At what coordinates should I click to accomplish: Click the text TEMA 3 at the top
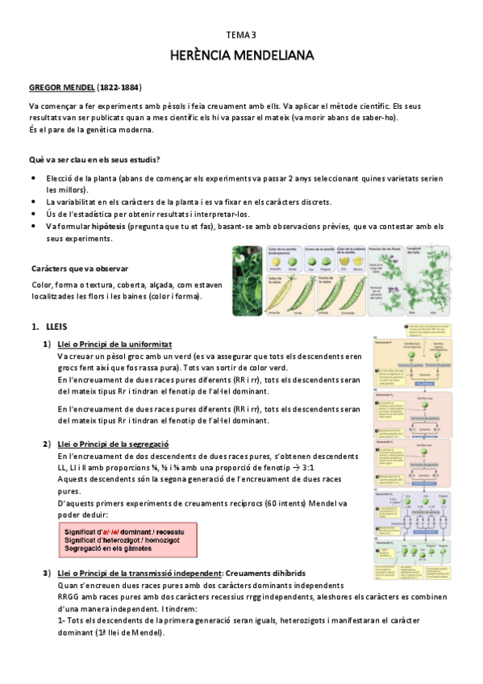tap(240, 35)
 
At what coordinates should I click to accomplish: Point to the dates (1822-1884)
tap(123, 86)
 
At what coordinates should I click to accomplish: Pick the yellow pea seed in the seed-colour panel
tap(274, 262)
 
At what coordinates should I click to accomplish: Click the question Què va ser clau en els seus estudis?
tap(94, 159)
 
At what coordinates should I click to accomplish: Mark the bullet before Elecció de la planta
tap(32, 177)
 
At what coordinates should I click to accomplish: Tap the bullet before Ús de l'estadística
tap(32, 214)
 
